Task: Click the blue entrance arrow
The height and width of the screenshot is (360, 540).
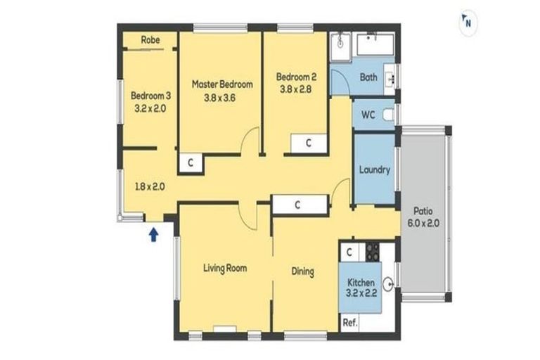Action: click(153, 235)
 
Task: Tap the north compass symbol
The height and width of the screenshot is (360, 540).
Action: click(468, 22)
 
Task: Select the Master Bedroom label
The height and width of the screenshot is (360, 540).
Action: click(222, 84)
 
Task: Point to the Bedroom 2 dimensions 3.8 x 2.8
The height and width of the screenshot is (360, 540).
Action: click(295, 89)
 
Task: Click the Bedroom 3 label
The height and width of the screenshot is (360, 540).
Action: click(150, 96)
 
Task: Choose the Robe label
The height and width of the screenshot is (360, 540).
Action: click(150, 40)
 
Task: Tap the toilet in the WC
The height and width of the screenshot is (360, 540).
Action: click(388, 115)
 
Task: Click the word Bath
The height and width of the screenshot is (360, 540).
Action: click(368, 77)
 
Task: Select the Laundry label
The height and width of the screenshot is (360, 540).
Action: click(374, 170)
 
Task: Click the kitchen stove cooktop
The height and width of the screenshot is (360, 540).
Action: click(372, 252)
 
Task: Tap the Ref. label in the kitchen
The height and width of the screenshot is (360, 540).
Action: click(350, 323)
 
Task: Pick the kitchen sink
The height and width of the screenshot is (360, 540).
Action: click(389, 285)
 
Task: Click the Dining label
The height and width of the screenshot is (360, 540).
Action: click(303, 271)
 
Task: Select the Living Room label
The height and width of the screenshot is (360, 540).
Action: click(225, 268)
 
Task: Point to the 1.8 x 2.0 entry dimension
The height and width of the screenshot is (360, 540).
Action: click(150, 187)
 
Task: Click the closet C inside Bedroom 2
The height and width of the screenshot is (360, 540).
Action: click(309, 143)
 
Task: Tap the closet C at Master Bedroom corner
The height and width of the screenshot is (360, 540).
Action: click(191, 162)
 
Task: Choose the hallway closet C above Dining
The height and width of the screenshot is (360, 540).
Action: click(297, 205)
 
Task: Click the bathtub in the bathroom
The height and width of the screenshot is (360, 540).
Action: click(375, 44)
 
